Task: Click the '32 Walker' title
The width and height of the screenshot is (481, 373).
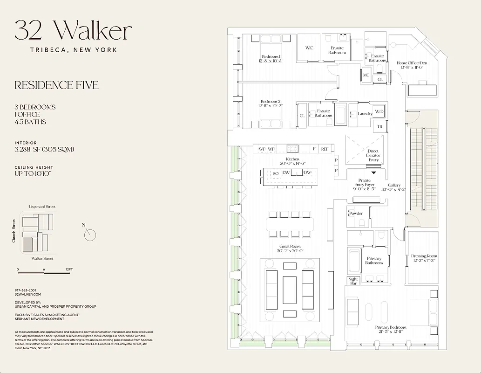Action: pos(73,31)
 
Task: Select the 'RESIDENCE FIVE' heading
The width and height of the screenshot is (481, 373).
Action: pos(56,85)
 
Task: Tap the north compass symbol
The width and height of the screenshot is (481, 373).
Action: pos(90,235)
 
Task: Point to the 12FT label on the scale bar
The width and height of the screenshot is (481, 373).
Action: pos(69,269)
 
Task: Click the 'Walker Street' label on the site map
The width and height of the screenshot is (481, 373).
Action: pos(42,258)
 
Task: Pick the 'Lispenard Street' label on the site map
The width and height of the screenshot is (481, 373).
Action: pos(42,207)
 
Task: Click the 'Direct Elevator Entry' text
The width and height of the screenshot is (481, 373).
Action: pos(373,156)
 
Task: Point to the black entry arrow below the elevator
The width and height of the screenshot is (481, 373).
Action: pos(373,173)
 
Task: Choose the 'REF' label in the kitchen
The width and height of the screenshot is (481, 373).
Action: pos(325,149)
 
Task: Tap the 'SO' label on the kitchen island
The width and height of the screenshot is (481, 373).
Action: pos(275,173)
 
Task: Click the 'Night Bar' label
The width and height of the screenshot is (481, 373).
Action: pos(353,282)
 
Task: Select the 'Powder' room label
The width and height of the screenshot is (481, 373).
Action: pos(356,214)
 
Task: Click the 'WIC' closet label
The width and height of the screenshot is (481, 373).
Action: pos(309,48)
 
